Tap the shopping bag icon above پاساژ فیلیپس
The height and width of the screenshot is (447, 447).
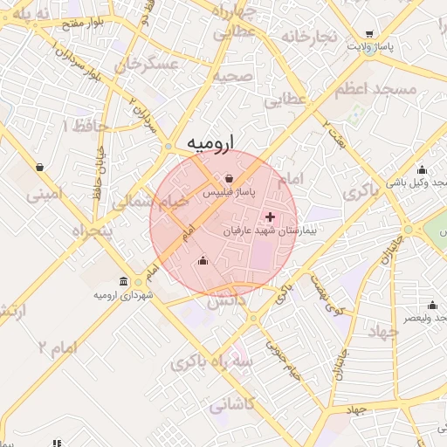228,178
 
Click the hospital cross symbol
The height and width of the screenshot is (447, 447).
269,217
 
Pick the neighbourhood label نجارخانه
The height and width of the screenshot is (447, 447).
307,37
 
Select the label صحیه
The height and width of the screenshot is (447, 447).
236,76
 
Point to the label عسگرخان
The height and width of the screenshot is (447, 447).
150,64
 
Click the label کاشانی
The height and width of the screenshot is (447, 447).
231,404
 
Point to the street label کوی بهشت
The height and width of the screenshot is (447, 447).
322,293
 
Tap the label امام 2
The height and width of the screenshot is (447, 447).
58,347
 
